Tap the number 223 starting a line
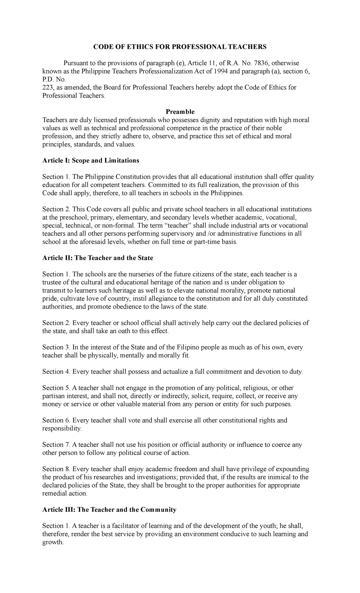(47, 87)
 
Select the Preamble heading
(180, 112)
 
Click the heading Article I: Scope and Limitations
(91, 161)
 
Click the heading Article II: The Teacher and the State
(97, 258)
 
